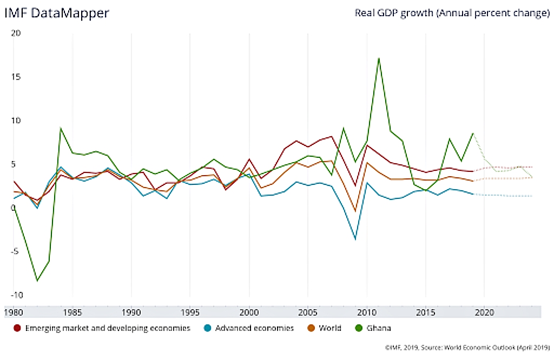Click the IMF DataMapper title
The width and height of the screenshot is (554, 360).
(x=57, y=13)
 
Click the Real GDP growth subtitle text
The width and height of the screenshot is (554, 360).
(x=452, y=13)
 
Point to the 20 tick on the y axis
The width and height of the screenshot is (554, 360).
(x=16, y=32)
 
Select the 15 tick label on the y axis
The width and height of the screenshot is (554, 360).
(x=16, y=76)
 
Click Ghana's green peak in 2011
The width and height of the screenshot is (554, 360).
(x=379, y=58)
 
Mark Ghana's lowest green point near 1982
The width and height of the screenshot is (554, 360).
(x=37, y=281)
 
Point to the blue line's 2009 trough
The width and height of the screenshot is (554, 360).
(x=355, y=239)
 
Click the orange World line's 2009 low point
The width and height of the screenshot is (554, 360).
(x=355, y=211)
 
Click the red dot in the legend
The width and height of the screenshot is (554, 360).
(x=17, y=328)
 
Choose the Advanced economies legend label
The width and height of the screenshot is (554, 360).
(x=254, y=328)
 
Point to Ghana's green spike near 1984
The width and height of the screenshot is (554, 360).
(x=61, y=128)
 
